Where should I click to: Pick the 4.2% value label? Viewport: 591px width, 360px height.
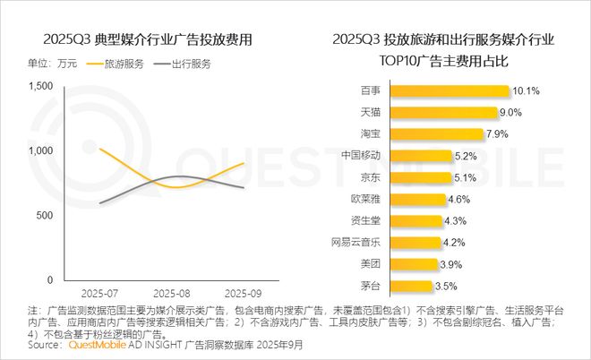457,242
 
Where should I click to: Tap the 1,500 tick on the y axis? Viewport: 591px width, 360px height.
42,86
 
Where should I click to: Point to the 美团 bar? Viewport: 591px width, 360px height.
425,264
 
